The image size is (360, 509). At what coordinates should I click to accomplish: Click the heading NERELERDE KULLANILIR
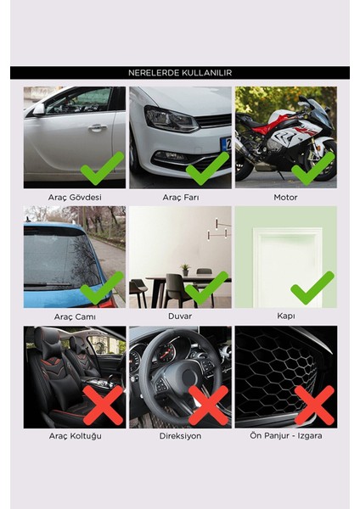coord(179,73)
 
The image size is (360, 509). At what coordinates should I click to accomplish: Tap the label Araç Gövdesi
coord(74,197)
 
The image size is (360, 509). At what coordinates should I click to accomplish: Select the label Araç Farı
coord(179,197)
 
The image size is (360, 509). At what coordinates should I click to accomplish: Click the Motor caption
coord(285,197)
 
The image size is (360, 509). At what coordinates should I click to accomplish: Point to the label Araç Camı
coord(74,316)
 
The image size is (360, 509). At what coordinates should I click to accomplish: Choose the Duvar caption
coord(179,316)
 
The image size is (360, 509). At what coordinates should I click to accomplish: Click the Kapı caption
coord(285,316)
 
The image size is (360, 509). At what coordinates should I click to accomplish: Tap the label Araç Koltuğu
coord(74,436)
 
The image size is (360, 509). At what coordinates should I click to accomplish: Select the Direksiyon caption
coord(179,436)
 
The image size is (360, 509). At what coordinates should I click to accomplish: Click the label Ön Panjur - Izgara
coord(285,436)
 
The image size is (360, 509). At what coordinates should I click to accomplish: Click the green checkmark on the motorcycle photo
coord(312,167)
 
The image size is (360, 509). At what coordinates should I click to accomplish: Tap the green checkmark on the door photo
coord(312,287)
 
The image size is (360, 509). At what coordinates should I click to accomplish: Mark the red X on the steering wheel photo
coord(208,405)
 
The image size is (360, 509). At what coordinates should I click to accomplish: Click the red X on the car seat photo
coord(103,405)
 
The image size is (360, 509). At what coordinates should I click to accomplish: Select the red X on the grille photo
coord(313,405)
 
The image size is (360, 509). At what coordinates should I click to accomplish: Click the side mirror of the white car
coord(37,109)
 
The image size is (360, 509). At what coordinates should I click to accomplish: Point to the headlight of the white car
coord(169,118)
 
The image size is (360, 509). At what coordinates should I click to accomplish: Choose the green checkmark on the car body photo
coord(102,167)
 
